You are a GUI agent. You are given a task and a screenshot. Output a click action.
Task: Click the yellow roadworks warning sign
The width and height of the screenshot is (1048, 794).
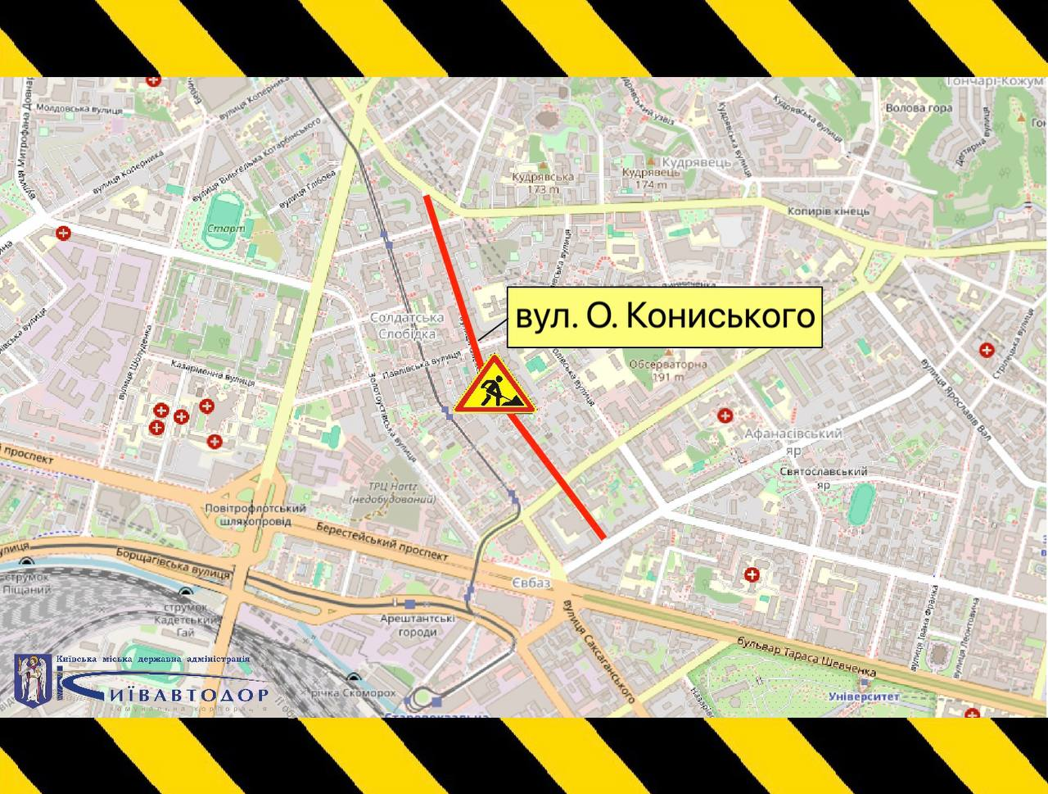pyautogui.click(x=494, y=386)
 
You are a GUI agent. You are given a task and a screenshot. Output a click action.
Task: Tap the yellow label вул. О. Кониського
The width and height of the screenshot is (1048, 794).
pyautogui.click(x=664, y=317)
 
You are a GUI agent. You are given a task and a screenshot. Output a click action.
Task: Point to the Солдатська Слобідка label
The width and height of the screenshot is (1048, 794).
pyautogui.click(x=407, y=325)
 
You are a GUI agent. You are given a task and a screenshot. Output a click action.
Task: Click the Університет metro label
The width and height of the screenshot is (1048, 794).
pyautogui.click(x=864, y=696)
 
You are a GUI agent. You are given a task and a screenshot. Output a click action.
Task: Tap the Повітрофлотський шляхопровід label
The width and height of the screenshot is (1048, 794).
pyautogui.click(x=256, y=515)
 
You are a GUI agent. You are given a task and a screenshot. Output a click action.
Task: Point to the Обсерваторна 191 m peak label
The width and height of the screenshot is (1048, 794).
pyautogui.click(x=666, y=370)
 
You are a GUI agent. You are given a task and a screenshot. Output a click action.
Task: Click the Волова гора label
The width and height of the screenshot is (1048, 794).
pyautogui.click(x=919, y=107)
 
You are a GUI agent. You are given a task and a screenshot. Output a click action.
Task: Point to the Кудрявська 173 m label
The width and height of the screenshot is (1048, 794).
pyautogui.click(x=542, y=182)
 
